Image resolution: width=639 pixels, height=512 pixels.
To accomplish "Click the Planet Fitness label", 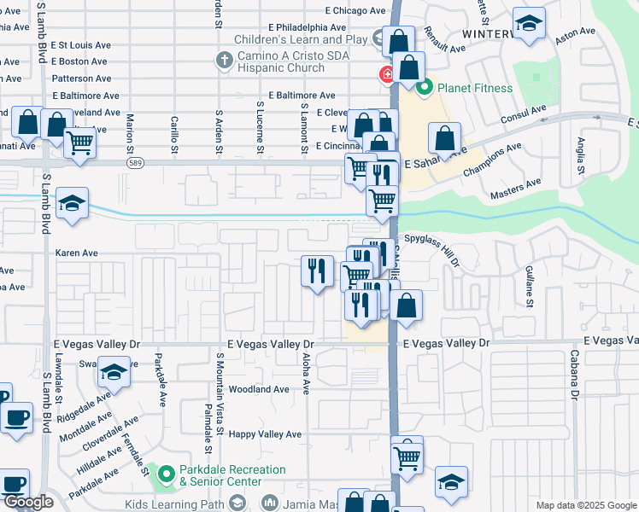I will click(475, 88).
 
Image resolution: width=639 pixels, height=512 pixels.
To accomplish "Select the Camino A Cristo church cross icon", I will click(223, 60).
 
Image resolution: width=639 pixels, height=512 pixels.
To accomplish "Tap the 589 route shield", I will click(134, 161).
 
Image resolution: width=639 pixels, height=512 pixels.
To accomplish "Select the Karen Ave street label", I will click(77, 253).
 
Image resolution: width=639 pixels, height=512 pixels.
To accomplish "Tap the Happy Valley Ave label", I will click(265, 434).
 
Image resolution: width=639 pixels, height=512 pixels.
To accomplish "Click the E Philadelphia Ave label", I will click(309, 27).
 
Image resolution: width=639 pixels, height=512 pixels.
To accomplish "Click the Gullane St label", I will click(530, 286).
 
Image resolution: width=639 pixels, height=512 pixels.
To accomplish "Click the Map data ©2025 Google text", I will click(585, 505).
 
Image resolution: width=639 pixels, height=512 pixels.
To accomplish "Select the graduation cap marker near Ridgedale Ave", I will click(114, 372).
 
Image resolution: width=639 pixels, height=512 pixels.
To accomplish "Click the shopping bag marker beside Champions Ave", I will click(445, 138).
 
